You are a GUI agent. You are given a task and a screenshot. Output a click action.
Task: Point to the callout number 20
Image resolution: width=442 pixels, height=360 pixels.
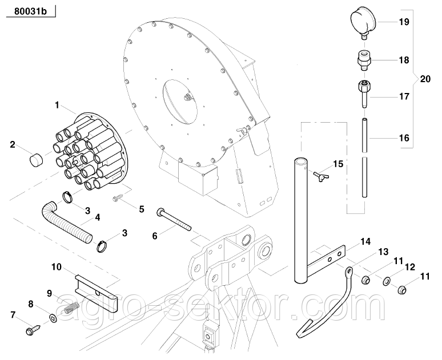tap(425, 79)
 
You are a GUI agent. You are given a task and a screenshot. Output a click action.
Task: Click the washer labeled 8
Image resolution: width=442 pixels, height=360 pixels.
tap(54, 317)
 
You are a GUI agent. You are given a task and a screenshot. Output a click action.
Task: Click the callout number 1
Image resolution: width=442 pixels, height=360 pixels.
tap(57, 105)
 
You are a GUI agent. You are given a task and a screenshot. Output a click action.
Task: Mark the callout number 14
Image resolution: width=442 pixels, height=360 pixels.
tap(381, 242)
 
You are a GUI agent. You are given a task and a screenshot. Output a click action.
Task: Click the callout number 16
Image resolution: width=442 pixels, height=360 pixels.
tap(404, 138)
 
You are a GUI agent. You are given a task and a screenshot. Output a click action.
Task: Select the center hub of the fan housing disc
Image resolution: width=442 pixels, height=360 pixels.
tap(187, 97)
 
